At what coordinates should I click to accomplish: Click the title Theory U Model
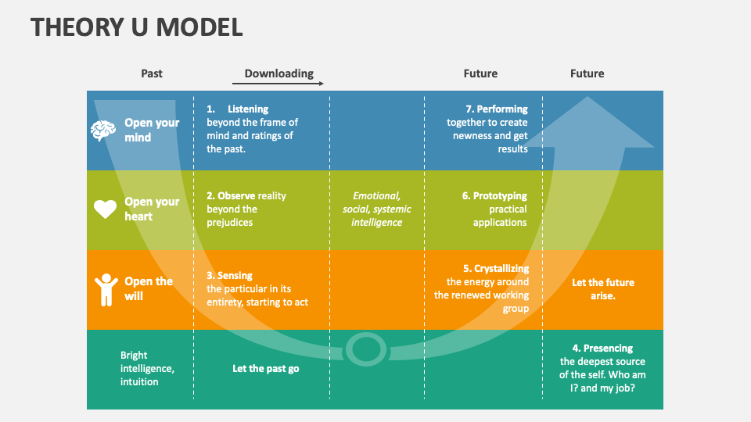pos(137,27)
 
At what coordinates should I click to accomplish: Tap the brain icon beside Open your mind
pos(103,131)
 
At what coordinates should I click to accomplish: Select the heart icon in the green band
pos(105,209)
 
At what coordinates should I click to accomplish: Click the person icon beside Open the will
pos(105,289)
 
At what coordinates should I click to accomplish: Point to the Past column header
pos(152,73)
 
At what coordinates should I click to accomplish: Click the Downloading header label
pos(278,73)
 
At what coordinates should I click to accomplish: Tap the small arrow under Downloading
pos(278,83)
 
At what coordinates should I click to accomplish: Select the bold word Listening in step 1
pos(248,109)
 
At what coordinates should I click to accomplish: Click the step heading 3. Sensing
pos(230,276)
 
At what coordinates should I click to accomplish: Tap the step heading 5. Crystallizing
pos(496,269)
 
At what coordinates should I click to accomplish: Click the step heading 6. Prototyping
pos(494,196)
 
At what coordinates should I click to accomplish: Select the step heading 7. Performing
pos(496,109)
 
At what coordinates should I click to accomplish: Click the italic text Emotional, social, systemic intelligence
pos(376,209)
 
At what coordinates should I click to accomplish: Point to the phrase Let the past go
pos(265,369)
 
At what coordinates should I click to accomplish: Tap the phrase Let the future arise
pos(603,289)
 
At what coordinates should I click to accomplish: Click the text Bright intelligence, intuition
pos(147,368)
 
